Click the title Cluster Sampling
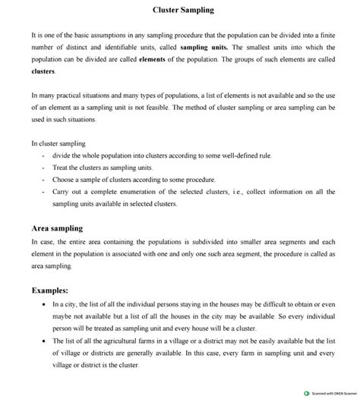coord(183,11)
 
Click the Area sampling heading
coord(57,228)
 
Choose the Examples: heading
coord(49,289)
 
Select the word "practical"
coord(68,96)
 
